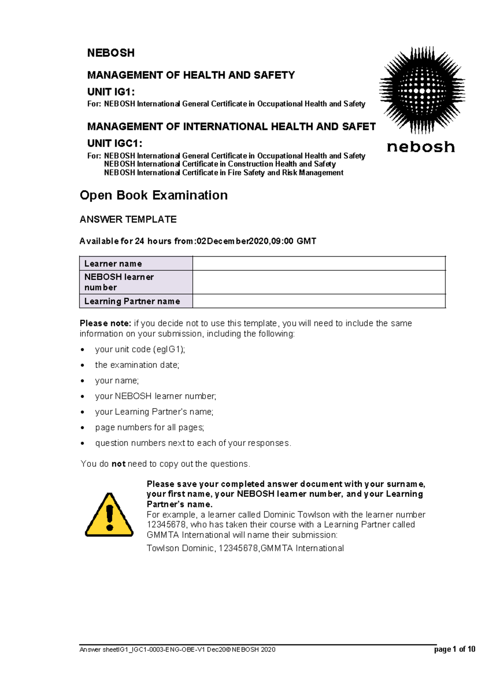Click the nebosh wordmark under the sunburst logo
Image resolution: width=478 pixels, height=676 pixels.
pos(421,147)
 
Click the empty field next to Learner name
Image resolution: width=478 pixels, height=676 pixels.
pos(319,263)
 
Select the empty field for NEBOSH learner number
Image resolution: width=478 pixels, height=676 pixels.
pos(319,282)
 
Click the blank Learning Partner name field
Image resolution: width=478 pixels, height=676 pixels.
pos(319,301)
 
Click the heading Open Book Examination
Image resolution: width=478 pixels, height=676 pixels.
pos(154,195)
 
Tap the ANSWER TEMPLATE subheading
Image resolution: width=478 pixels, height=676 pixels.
pos(128,219)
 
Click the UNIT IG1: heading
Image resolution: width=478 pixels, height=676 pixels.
pos(111,92)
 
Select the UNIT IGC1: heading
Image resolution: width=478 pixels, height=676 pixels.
pos(115,143)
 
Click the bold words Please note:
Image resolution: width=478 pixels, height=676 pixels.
pos(105,323)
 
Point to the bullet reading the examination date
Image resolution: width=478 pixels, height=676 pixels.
pos(137,365)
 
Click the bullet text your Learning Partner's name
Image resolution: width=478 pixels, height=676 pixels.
pos(154,412)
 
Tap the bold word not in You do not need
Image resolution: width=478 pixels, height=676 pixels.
pos(118,464)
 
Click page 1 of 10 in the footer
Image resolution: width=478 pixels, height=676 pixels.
pos(454,649)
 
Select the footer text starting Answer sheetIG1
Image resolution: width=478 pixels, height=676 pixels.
pos(177,650)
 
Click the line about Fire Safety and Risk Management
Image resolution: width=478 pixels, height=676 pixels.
pos(223,173)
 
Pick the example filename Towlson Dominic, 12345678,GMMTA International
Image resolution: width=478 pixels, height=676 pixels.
pos(245,548)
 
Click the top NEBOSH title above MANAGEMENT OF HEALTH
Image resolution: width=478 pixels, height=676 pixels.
pos(111,53)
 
